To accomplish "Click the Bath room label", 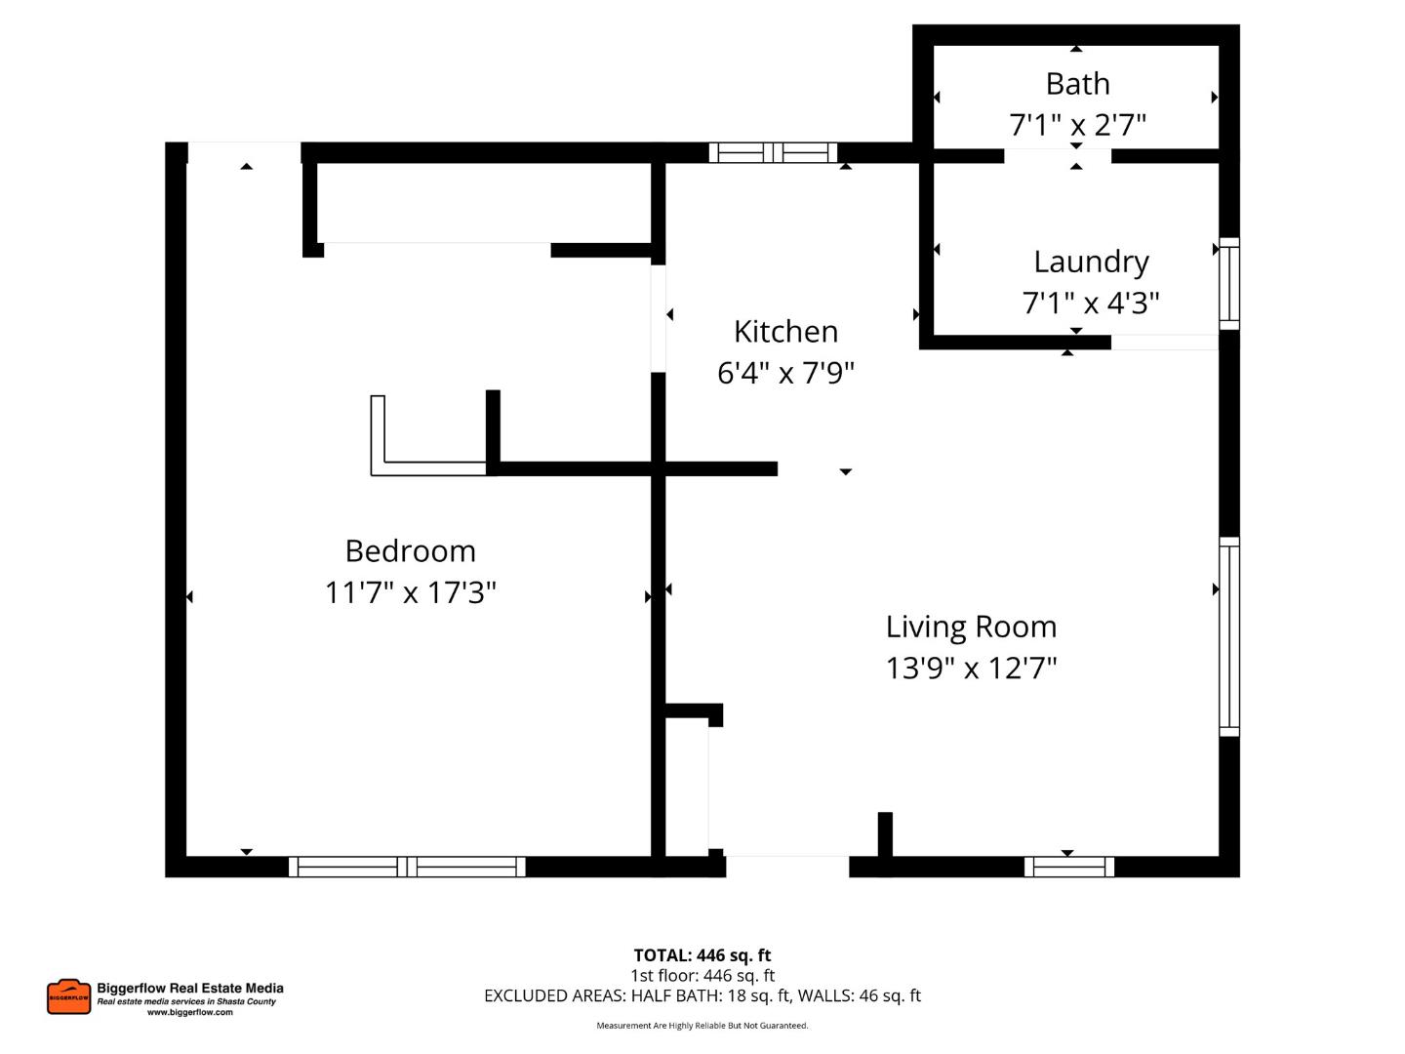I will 1077,84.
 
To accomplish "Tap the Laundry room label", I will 1091,262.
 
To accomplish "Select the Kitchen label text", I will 785,332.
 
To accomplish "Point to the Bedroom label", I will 410,551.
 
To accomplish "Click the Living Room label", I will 971,627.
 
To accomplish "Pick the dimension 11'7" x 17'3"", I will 410,592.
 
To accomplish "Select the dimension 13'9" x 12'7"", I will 971,669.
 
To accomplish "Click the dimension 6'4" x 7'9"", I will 785,373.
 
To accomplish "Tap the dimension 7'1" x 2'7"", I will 1077,125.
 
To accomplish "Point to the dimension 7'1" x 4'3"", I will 1091,304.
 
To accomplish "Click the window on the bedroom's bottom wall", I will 407,867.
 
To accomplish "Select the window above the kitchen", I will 773,152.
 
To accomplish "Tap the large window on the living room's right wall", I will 1229,636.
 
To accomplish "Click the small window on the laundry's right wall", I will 1229,284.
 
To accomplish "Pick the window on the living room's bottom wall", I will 1068,867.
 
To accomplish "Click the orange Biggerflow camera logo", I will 68,996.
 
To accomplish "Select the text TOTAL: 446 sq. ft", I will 702,955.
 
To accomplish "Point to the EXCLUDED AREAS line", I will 702,995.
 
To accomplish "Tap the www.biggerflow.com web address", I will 190,1013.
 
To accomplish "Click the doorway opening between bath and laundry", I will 1058,156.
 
